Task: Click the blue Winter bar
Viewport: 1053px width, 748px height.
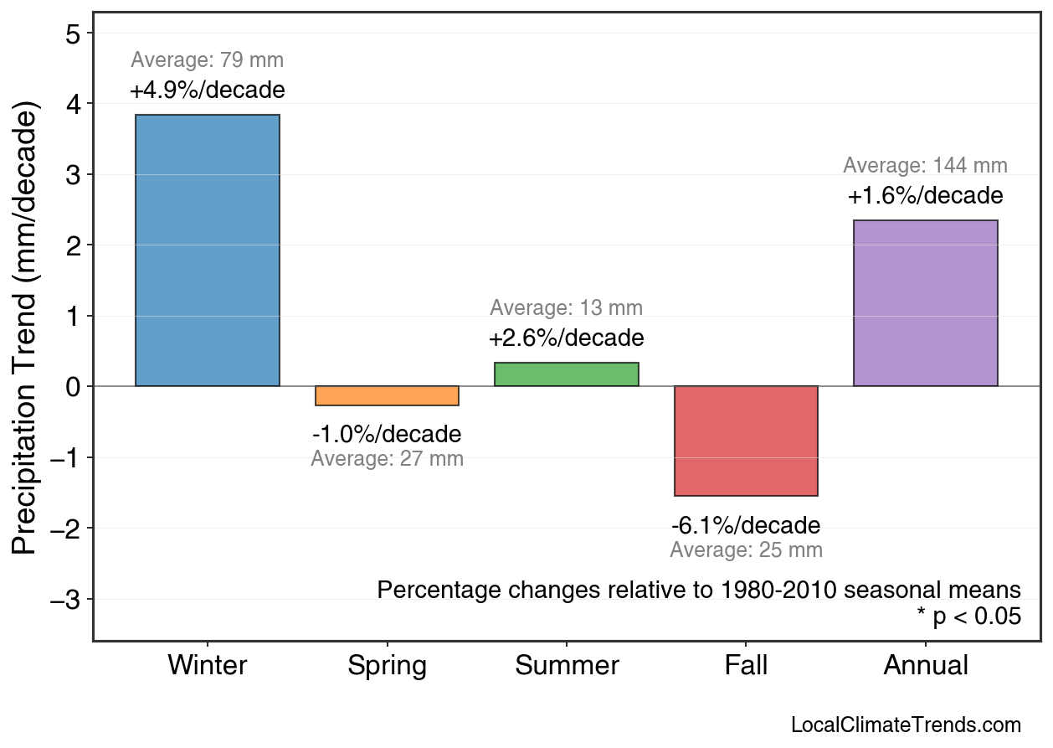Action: pos(208,250)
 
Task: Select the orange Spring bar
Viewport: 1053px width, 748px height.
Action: pos(387,395)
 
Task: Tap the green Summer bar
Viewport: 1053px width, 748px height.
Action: pos(567,374)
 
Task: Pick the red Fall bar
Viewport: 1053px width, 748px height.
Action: pos(746,441)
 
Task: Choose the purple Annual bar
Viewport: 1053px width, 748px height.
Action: pos(925,303)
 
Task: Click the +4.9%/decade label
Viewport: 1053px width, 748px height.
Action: pos(208,90)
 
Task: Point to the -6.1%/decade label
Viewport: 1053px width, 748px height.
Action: pos(746,526)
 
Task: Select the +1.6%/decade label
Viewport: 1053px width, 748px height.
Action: pos(925,196)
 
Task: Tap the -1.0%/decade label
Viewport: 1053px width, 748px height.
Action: pos(387,435)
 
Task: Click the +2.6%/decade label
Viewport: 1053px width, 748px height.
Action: pos(567,338)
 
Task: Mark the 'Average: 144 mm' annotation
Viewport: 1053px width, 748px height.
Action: pos(925,166)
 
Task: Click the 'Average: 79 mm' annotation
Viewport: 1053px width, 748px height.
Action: pos(208,60)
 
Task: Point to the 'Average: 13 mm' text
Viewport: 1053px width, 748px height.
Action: pos(567,308)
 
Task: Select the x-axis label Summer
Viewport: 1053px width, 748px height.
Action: pos(567,666)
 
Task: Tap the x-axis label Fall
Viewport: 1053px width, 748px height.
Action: pos(746,666)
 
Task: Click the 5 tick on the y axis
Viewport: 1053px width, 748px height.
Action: pos(74,34)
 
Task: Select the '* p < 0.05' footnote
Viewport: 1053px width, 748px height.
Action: pos(968,616)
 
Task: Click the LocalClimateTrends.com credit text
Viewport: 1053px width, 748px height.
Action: pos(906,725)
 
